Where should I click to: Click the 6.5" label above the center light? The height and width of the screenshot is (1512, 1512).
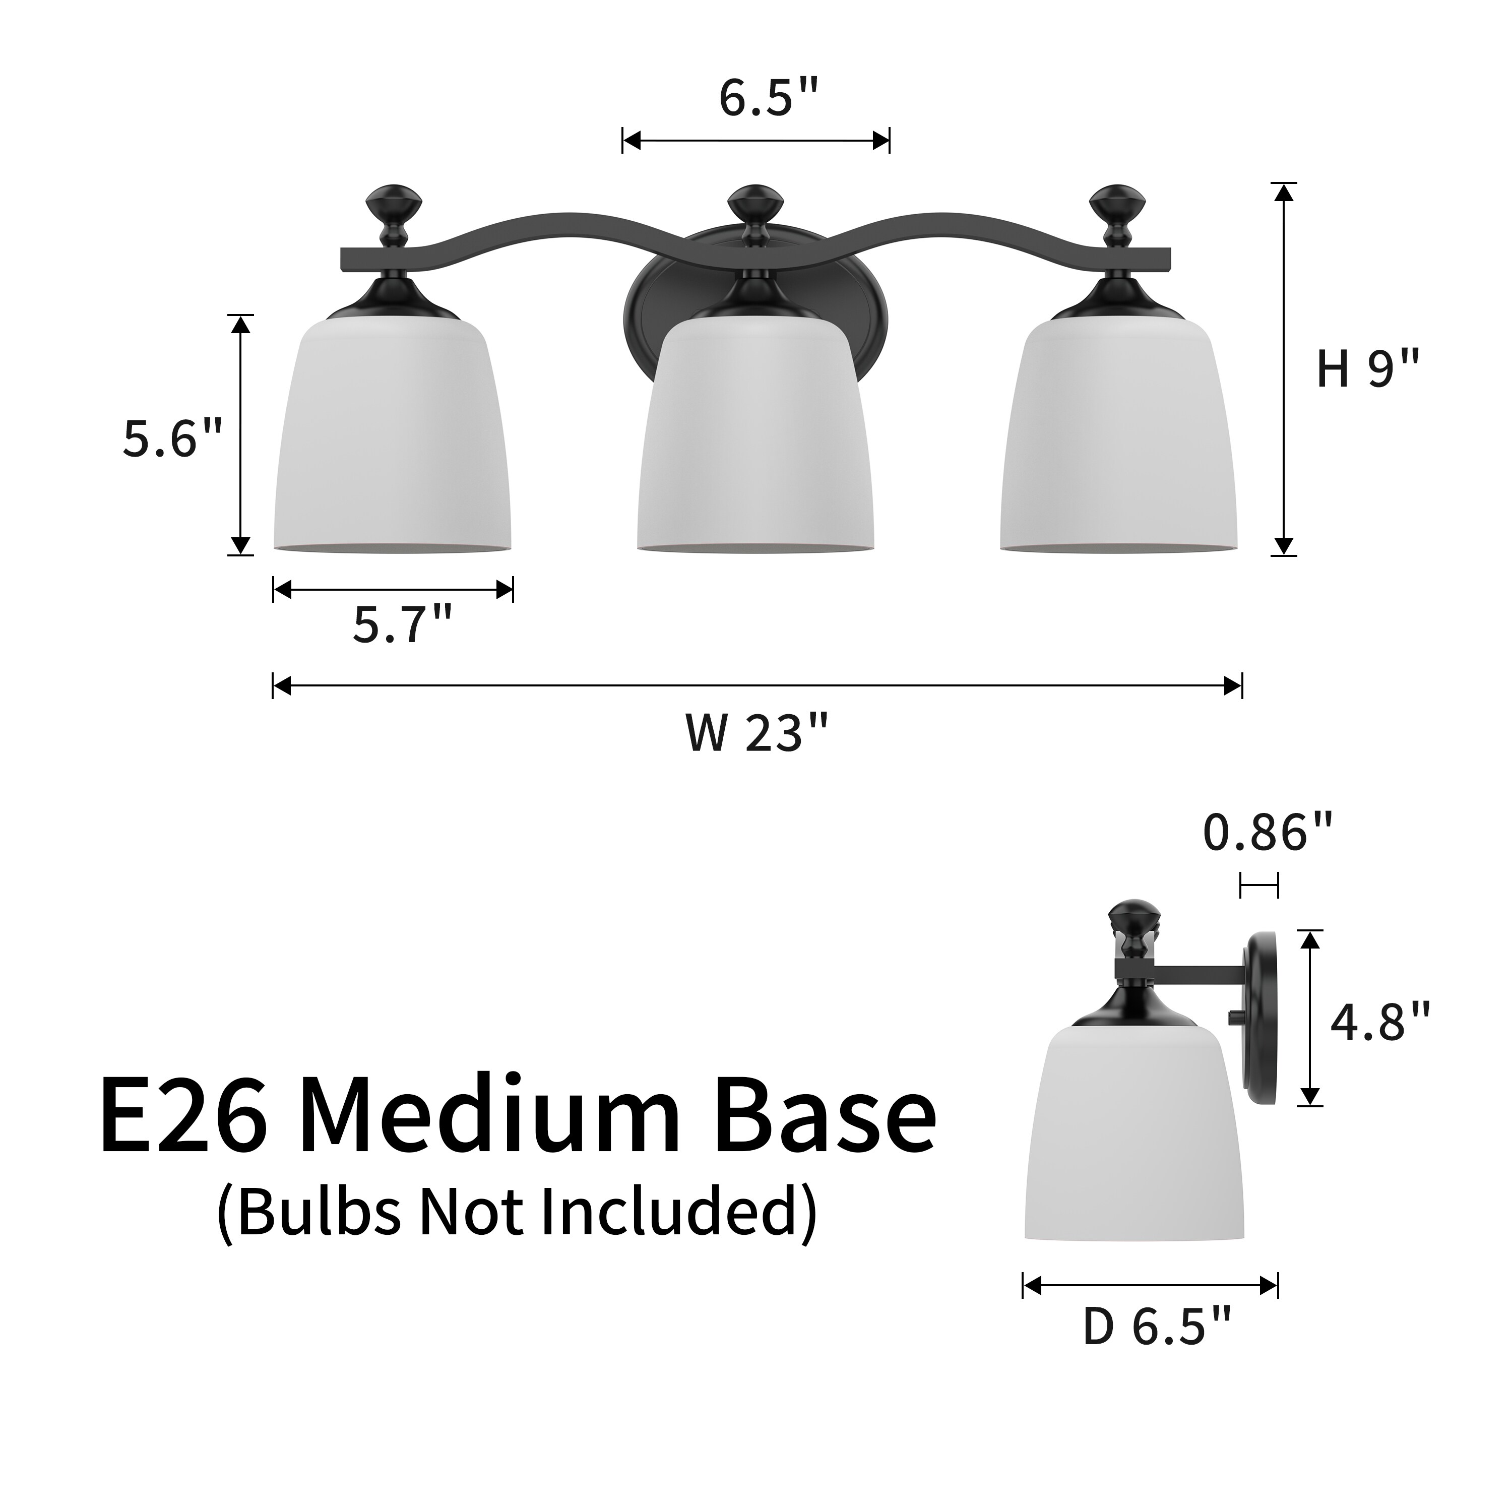tap(769, 99)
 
